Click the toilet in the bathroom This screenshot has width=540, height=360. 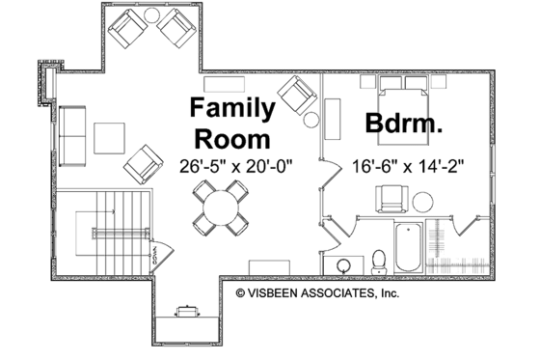coord(379,260)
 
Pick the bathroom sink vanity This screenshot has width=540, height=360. coord(344,263)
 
